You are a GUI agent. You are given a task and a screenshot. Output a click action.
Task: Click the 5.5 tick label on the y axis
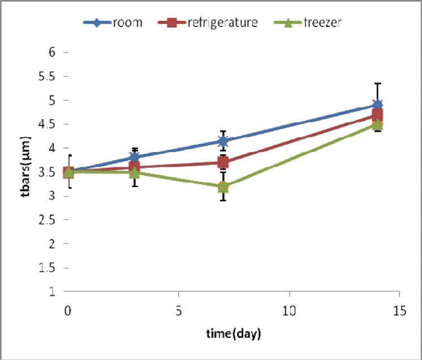tap(52, 76)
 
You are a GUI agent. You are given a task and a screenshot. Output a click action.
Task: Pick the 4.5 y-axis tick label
tap(52, 124)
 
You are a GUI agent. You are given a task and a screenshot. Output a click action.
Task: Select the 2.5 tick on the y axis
tap(52, 220)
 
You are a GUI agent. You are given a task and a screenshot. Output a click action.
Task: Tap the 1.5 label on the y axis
tap(52, 268)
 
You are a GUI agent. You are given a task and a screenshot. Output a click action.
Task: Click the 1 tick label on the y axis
tap(57, 292)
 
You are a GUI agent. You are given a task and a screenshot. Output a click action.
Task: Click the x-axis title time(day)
tap(233, 334)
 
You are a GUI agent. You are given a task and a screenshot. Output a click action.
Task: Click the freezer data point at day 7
tap(223, 186)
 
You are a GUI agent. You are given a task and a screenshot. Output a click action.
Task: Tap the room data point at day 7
tap(223, 141)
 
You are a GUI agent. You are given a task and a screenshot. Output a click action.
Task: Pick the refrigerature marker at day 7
tap(223, 163)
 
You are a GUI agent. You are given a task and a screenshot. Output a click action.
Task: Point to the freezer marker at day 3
tap(134, 172)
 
